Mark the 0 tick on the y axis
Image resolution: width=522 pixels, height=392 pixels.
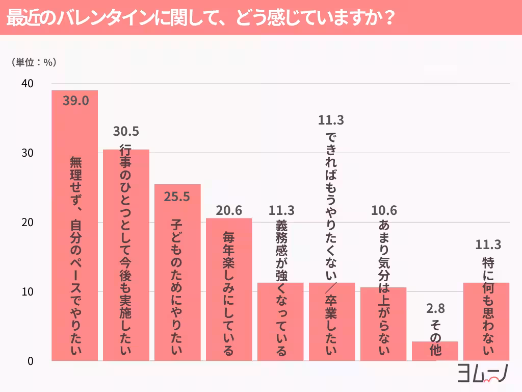tap(30, 361)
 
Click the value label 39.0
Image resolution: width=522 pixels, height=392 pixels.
tap(75, 101)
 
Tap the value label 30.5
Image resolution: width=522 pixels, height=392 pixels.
tap(126, 132)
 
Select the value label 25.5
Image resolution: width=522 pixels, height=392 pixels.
tap(177, 196)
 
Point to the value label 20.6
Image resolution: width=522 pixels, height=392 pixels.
tap(229, 210)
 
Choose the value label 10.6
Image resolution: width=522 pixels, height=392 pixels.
tap(383, 210)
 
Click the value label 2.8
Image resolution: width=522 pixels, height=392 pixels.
tap(435, 308)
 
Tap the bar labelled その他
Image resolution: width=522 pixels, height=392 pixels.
tap(435, 351)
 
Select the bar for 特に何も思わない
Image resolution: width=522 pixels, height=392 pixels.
tap(486, 322)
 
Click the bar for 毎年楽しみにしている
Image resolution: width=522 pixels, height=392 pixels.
tap(229, 289)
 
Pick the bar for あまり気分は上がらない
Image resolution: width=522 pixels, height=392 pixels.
tap(383, 324)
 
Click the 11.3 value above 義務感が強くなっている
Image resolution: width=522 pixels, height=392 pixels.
tap(280, 210)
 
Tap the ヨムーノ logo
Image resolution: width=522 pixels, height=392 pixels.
tap(481, 373)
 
